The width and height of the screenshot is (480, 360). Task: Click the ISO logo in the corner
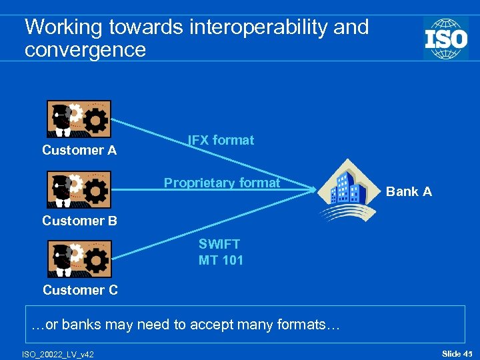tap(445, 38)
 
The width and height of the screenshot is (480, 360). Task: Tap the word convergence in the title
tap(85, 49)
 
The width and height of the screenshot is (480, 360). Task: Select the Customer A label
tap(79, 151)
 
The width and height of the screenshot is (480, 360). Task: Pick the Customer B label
tap(79, 221)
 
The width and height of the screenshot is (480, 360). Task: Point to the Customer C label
tap(80, 290)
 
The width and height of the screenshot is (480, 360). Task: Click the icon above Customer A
tap(79, 119)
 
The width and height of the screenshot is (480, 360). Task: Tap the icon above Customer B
tap(79, 190)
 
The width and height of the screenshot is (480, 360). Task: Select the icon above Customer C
tap(79, 259)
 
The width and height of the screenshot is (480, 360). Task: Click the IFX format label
tap(221, 141)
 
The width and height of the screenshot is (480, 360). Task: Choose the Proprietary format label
tap(222, 183)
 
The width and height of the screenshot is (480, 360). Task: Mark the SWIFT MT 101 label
tap(221, 253)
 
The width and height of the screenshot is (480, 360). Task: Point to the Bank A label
tap(409, 192)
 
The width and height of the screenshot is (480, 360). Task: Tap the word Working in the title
tap(63, 27)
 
